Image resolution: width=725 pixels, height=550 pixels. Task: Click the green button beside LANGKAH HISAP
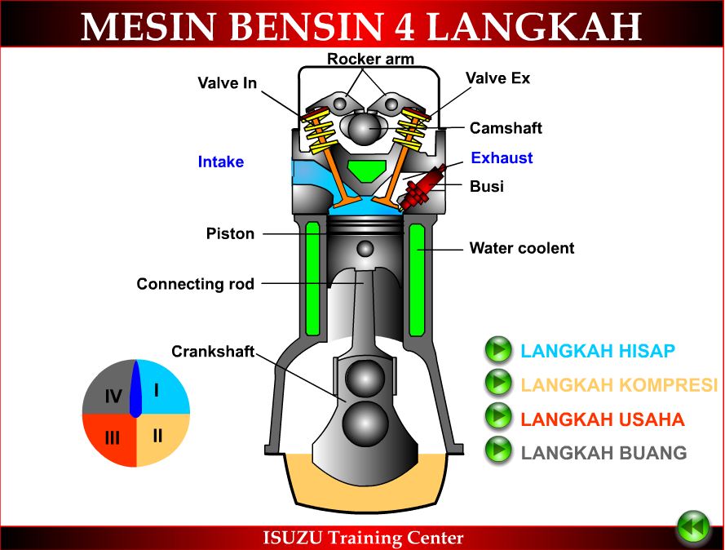[x=497, y=350]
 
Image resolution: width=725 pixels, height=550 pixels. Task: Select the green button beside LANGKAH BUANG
[x=497, y=450]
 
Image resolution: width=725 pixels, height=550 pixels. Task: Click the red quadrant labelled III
[x=111, y=437]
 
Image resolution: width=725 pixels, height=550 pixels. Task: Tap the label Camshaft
[x=506, y=128]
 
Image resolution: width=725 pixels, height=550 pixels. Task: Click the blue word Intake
[x=220, y=162]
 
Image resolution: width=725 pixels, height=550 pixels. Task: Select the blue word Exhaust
[x=502, y=157]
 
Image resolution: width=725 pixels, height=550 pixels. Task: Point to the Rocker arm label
[x=370, y=59]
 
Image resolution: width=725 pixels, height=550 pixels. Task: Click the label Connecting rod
[x=195, y=284]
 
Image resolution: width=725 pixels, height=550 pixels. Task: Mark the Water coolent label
[x=521, y=247]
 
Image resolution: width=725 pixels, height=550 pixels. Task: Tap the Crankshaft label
[x=212, y=352]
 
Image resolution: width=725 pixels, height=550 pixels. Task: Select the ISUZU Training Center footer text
[x=363, y=538]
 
